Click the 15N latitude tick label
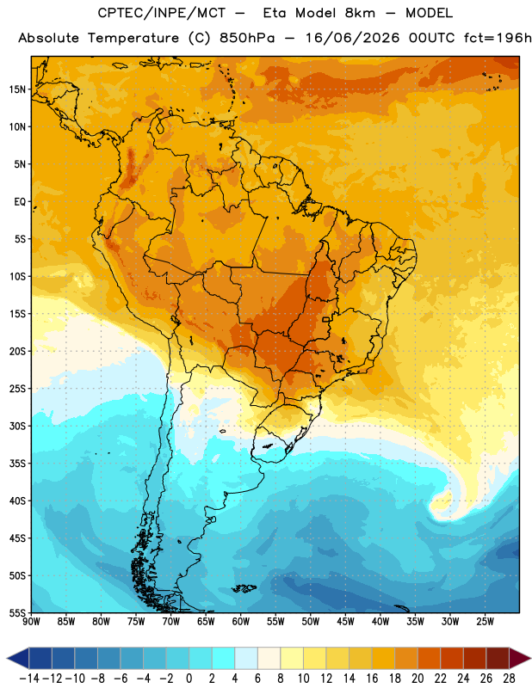pos(17,89)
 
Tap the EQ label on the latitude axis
pos(20,202)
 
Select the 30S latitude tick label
pos(18,426)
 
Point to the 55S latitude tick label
pos(18,613)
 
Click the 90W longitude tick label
pos(31,621)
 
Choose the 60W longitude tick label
pos(241,621)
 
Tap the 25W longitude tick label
pos(485,621)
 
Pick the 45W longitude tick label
pos(345,621)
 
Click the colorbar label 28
pos(509,679)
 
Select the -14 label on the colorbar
pos(29,679)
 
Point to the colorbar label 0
pos(189,679)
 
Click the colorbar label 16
pos(372,679)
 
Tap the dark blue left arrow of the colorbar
pos(18,658)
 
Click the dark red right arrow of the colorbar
pos(520,658)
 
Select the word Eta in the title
pos(275,13)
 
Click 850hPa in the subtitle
pos(247,38)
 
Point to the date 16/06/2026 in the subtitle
pos(352,38)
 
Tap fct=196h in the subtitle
pos(498,38)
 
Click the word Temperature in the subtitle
pos(133,39)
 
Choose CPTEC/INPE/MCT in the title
pos(162,13)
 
